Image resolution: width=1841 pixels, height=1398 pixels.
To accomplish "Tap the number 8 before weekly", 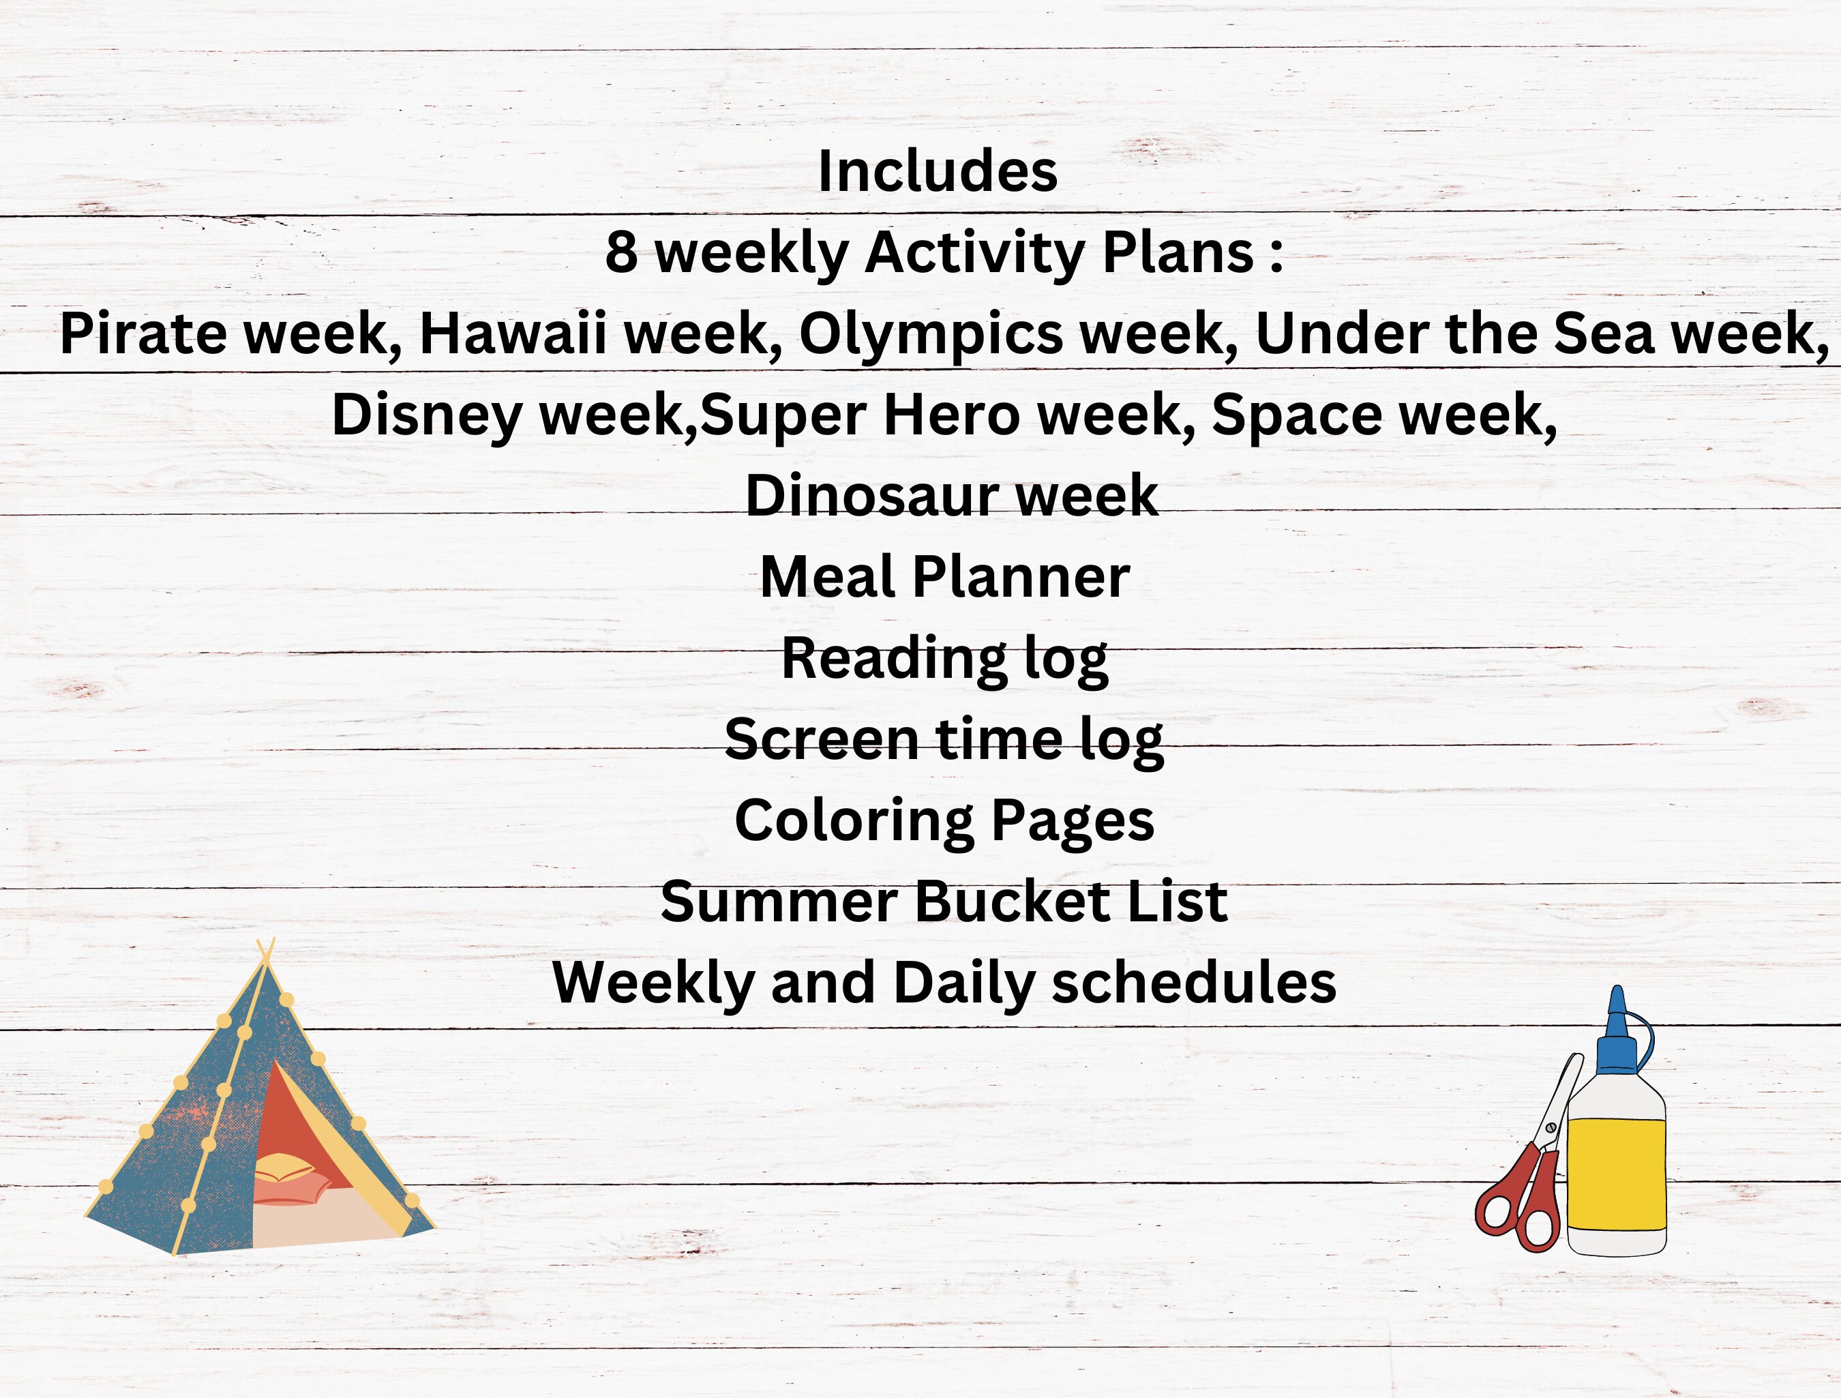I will pos(621,252).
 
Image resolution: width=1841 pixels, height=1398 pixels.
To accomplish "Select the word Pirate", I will pos(143,333).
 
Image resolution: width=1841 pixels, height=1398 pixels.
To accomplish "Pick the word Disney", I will pos(426,415).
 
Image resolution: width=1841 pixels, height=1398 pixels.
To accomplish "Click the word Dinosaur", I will pos(871,496).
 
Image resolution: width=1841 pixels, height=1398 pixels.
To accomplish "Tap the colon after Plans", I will pos(1276,254).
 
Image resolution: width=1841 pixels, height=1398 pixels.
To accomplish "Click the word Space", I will pos(1296,415).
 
